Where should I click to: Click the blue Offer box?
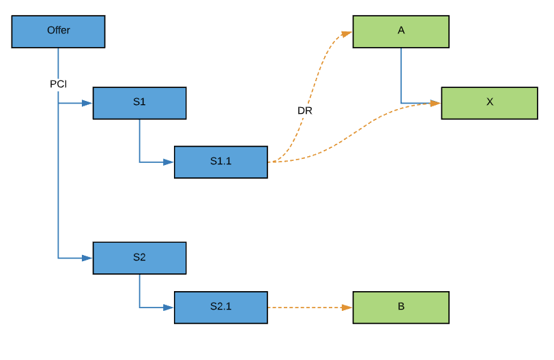click(x=58, y=31)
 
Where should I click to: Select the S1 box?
click(x=139, y=103)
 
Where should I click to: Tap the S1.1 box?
click(x=220, y=162)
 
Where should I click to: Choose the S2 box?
click(x=139, y=258)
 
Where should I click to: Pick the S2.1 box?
click(x=220, y=307)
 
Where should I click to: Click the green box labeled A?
click(x=400, y=31)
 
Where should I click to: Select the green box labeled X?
click(x=489, y=103)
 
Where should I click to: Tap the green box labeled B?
click(x=400, y=307)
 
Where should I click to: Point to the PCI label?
click(x=58, y=84)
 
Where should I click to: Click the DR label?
click(x=305, y=110)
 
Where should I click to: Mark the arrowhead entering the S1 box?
click(x=87, y=104)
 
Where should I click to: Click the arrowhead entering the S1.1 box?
click(x=169, y=162)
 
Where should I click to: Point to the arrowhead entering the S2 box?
click(x=87, y=258)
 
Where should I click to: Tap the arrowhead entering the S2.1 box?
click(x=169, y=307)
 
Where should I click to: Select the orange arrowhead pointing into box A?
click(x=347, y=32)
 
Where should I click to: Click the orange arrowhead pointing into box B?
click(x=347, y=307)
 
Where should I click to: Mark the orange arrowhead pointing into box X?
click(x=435, y=104)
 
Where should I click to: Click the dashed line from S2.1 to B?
click(x=307, y=307)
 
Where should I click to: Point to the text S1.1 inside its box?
click(x=220, y=162)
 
